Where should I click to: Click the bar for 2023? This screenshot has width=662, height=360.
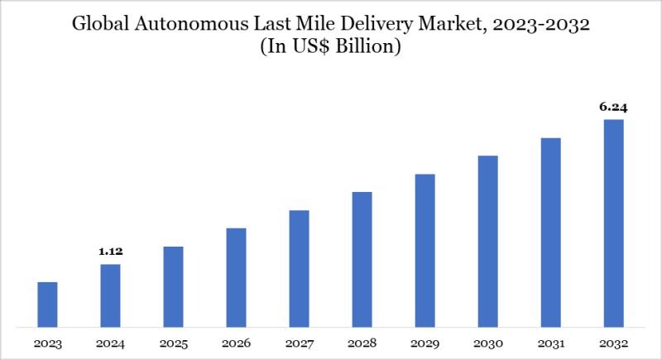[x=47, y=304]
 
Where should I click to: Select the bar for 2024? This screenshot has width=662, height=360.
[x=110, y=295]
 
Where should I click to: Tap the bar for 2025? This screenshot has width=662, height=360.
[x=173, y=286]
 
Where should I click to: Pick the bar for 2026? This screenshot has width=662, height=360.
[x=236, y=276]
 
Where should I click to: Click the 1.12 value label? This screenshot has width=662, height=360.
[x=110, y=251]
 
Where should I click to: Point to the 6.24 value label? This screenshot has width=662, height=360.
[x=613, y=106]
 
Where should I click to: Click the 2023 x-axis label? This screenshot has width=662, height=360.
[x=47, y=343]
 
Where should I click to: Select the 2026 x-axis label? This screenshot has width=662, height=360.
[x=236, y=343]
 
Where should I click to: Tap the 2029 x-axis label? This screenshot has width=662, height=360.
[x=425, y=343]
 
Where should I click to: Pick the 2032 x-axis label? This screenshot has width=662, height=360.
[x=613, y=343]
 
